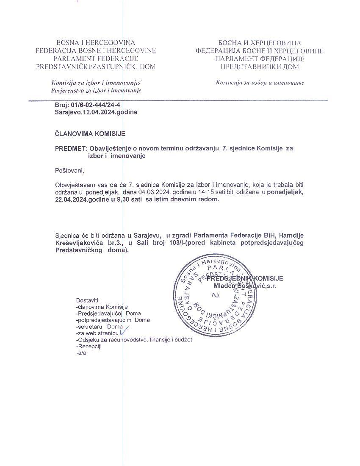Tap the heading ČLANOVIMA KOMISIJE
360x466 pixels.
[x=90, y=134]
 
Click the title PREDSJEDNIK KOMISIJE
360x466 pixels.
[x=245, y=278]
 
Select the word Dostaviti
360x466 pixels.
[x=88, y=300]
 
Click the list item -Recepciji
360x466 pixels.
[x=89, y=346]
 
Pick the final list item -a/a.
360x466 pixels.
[x=82, y=353]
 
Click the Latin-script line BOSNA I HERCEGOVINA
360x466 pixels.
[x=96, y=43]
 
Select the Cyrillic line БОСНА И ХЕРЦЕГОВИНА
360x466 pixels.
[x=260, y=43]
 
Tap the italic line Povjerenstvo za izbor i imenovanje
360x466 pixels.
[x=96, y=91]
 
